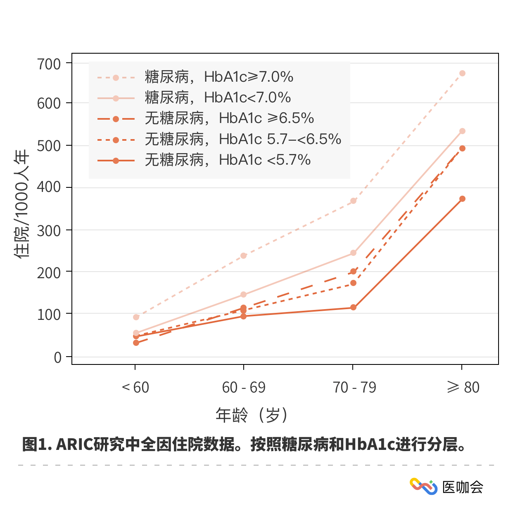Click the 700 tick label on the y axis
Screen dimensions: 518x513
tap(49, 64)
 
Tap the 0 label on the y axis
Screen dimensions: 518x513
tap(57, 357)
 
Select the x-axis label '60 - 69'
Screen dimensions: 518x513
tap(244, 388)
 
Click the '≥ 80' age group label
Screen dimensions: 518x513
tap(463, 388)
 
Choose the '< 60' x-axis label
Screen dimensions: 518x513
tap(135, 388)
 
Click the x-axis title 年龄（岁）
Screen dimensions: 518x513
tap(252, 415)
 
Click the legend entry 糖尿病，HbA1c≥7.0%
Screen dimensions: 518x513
tap(219, 77)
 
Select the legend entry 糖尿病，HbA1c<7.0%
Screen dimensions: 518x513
tap(218, 98)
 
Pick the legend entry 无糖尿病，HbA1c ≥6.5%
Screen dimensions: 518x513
tap(229, 118)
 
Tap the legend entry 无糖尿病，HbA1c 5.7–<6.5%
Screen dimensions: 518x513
tap(243, 140)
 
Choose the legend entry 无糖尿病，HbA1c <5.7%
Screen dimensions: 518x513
tap(228, 160)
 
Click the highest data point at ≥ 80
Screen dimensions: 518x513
tap(462, 73)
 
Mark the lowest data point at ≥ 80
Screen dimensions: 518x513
tap(462, 199)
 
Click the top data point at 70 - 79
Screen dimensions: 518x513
tap(353, 201)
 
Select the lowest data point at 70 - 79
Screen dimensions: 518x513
tap(353, 307)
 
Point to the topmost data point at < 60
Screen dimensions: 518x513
tap(136, 317)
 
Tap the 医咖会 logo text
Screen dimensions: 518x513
tap(463, 487)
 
